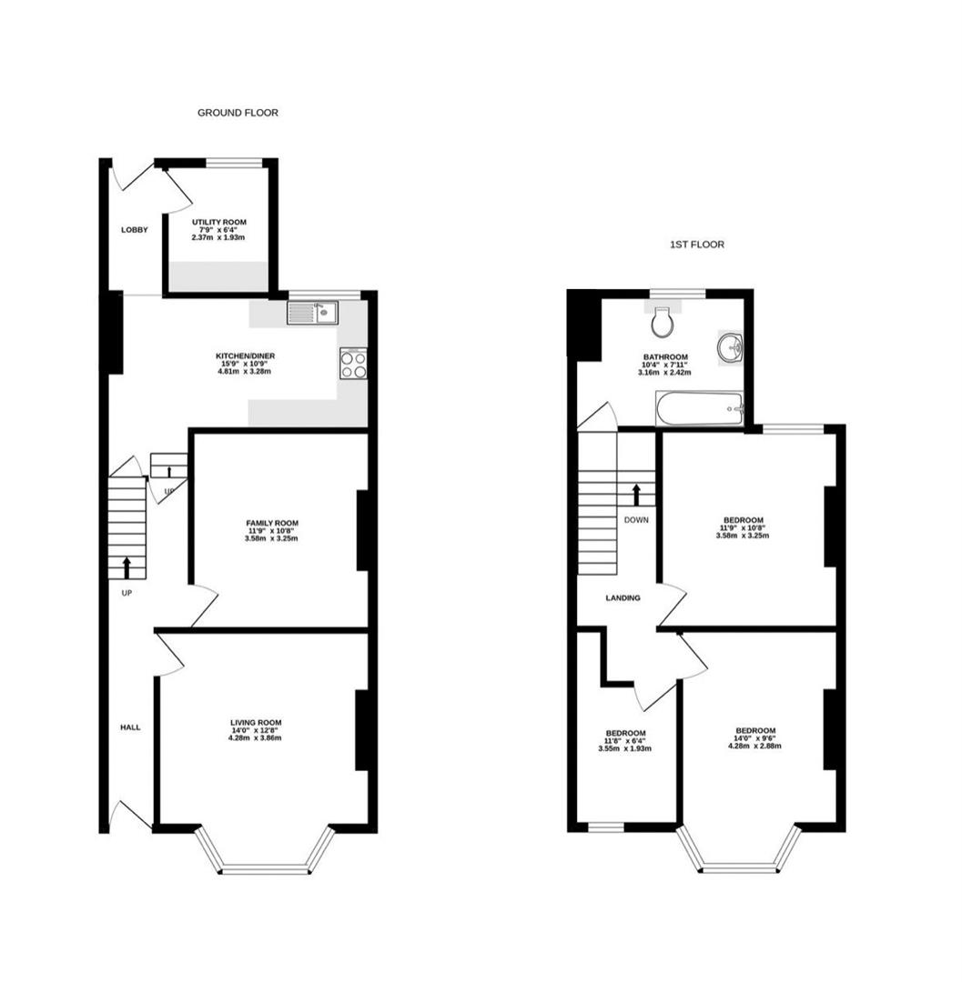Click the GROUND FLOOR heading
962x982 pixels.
pyautogui.click(x=238, y=113)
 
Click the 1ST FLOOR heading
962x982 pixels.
pyautogui.click(x=697, y=245)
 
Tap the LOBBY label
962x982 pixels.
pyautogui.click(x=135, y=230)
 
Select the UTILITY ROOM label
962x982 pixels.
pyautogui.click(x=218, y=223)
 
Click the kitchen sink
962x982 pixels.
pyautogui.click(x=313, y=313)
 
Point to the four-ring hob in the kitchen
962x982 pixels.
pyautogui.click(x=353, y=364)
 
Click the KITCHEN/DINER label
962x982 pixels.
pyautogui.click(x=245, y=356)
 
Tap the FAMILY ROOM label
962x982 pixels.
pyautogui.click(x=272, y=523)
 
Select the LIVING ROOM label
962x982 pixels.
pyautogui.click(x=256, y=723)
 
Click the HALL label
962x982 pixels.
pyautogui.click(x=130, y=727)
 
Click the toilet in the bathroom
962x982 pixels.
pyautogui.click(x=663, y=322)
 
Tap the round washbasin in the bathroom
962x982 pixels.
pyautogui.click(x=730, y=347)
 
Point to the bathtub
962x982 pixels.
pyautogui.click(x=699, y=409)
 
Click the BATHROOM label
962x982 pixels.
pyautogui.click(x=664, y=357)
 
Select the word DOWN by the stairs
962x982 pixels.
pyautogui.click(x=636, y=520)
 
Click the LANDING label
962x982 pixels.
pyautogui.click(x=623, y=598)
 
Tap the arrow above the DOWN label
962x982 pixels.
pyautogui.click(x=637, y=495)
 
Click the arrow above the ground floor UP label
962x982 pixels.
pyautogui.click(x=127, y=568)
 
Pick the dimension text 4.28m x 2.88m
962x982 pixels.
pyautogui.click(x=754, y=746)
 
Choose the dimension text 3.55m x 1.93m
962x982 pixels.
pyautogui.click(x=625, y=748)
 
